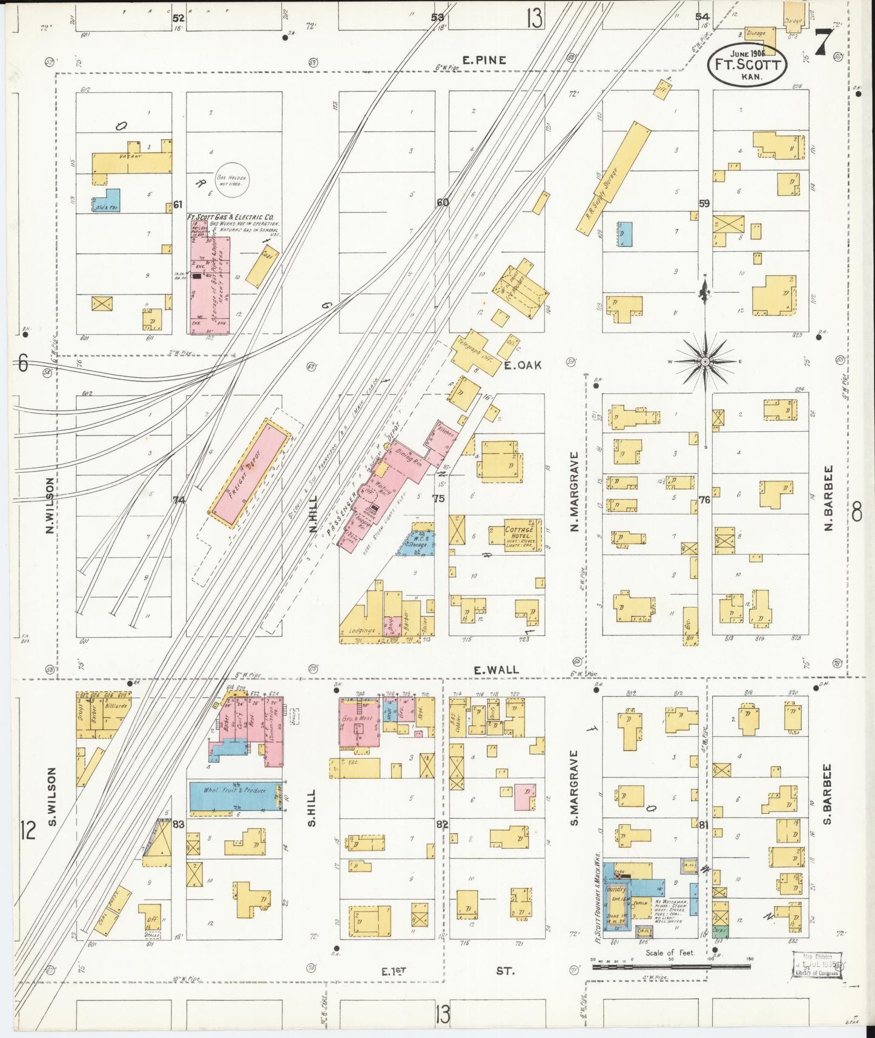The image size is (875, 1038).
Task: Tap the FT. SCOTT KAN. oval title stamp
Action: coord(747,63)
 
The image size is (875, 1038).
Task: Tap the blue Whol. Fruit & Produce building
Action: coord(235,796)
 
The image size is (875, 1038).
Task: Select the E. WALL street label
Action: coord(496,670)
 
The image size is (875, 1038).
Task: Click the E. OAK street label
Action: coord(523,365)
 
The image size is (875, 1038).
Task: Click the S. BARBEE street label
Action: coord(828,794)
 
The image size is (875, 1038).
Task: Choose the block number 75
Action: coord(438,498)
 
